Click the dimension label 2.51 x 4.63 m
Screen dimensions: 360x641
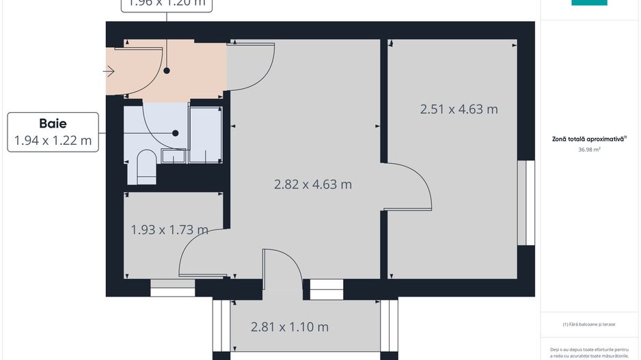tap(459, 109)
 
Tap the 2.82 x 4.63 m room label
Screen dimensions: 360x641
tap(313, 184)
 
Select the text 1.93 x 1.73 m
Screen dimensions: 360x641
tap(169, 230)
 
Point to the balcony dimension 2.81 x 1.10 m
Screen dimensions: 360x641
tap(290, 327)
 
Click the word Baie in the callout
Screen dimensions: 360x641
tap(53, 124)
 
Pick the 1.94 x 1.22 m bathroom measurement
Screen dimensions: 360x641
tap(53, 141)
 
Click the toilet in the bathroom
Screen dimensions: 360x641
tap(146, 168)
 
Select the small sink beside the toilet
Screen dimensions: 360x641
tap(173, 157)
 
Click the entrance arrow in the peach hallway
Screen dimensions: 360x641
tap(109, 70)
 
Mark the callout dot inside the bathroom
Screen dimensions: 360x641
tap(176, 133)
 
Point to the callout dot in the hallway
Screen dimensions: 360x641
tap(166, 70)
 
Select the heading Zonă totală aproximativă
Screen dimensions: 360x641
tap(588, 138)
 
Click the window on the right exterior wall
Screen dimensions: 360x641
tap(526, 202)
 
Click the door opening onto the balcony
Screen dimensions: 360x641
tap(282, 266)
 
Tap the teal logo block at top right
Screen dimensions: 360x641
tap(588, 3)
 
